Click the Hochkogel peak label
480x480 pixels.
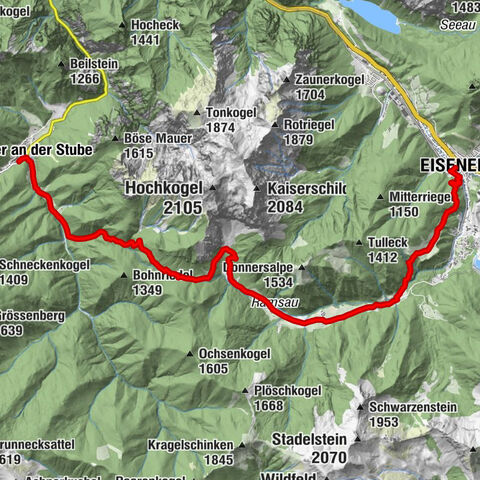(164, 188)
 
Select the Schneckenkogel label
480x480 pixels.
(46, 265)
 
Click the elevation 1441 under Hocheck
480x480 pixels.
(146, 39)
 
